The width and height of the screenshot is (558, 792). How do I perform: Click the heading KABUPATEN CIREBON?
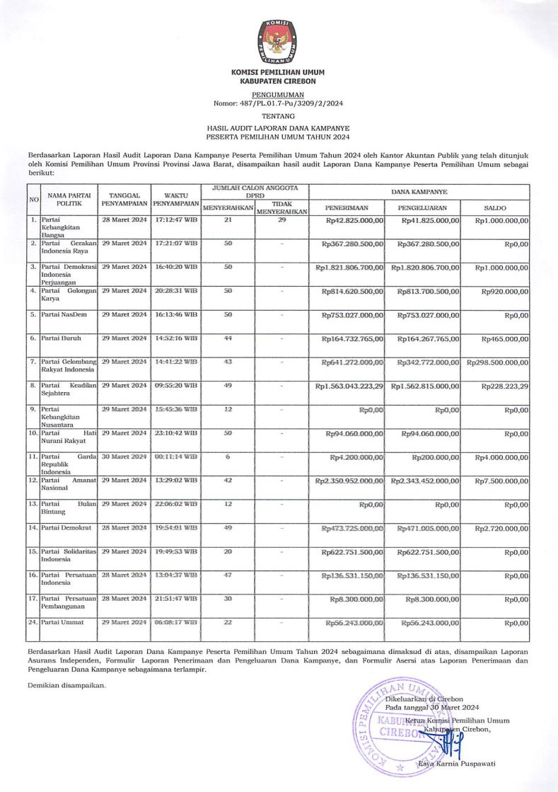(x=278, y=81)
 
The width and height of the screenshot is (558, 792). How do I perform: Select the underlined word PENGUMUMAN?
(x=278, y=93)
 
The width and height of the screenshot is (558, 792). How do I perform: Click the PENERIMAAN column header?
(x=345, y=208)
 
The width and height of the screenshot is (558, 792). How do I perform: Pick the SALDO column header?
(x=494, y=208)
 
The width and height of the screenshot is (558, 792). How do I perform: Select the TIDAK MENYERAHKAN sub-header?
(x=281, y=207)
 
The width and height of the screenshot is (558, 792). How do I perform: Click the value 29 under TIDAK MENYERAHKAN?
(x=281, y=220)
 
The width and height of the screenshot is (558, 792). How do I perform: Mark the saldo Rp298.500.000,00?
(x=496, y=362)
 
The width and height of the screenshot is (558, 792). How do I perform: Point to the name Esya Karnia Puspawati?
(x=456, y=764)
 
